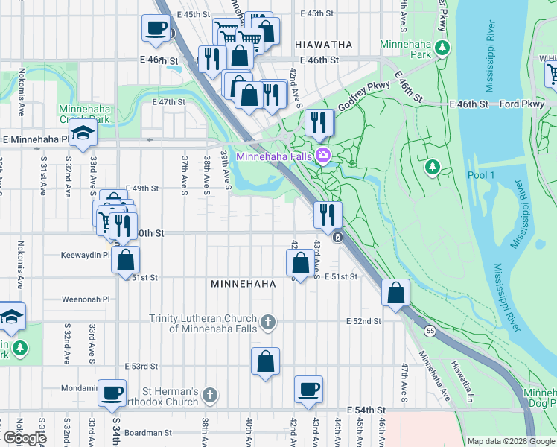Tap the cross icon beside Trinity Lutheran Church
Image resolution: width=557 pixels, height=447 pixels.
(x=268, y=323)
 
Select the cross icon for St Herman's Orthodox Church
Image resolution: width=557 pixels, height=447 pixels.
(x=211, y=395)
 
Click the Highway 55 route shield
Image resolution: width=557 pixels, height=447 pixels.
(x=430, y=330)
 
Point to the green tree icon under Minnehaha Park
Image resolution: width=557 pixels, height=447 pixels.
(x=443, y=48)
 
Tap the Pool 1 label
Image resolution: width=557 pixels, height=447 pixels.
(x=491, y=174)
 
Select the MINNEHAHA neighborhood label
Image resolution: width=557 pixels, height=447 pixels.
(x=244, y=284)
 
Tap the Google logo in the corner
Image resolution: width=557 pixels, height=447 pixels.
(x=25, y=438)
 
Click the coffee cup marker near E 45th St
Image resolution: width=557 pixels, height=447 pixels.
(x=156, y=28)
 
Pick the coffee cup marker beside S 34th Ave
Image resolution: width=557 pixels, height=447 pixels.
(x=112, y=393)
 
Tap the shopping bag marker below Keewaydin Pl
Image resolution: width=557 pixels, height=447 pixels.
(x=127, y=260)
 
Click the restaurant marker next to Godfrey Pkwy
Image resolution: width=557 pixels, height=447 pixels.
(x=319, y=121)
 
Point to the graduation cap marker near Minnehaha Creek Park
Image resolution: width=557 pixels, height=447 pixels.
(x=82, y=134)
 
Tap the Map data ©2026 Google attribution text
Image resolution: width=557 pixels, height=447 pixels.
(x=510, y=441)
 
